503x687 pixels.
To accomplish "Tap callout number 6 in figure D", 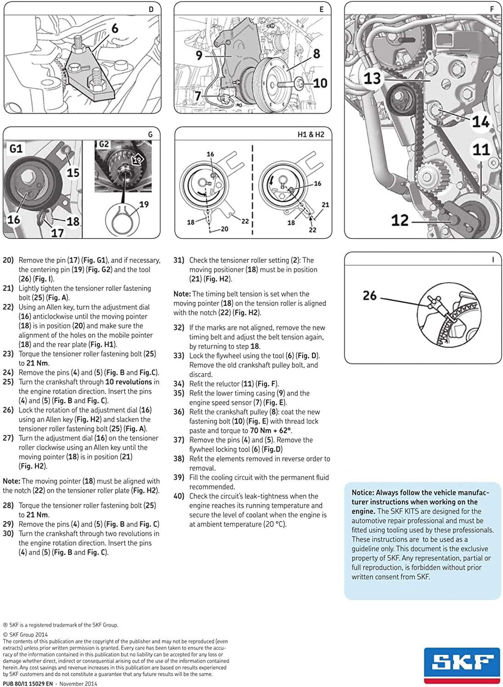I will [115, 29].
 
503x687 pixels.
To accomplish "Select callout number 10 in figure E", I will [320, 83].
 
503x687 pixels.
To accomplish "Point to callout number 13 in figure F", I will [372, 78].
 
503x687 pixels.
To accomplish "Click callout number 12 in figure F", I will [400, 220].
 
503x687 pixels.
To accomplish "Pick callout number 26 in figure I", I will [369, 296].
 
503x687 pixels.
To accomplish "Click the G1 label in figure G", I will [16, 148].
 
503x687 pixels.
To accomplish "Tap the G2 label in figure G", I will [104, 144].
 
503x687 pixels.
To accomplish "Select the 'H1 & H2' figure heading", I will [311, 135].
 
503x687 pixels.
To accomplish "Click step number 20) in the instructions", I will [8, 260].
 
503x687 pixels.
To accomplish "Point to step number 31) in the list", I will [179, 260].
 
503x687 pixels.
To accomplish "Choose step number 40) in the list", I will [179, 496].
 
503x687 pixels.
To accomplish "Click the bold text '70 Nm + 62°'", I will [271, 431].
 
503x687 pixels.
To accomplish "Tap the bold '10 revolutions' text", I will [129, 382].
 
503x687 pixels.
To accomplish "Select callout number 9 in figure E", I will [199, 55].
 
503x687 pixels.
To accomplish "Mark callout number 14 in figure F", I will [480, 122].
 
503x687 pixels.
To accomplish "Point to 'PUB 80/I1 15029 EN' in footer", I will [28, 684].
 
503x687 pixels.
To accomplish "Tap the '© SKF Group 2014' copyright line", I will [25, 634].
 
